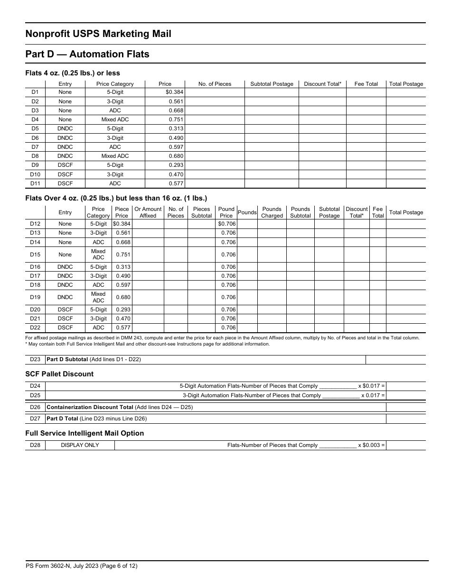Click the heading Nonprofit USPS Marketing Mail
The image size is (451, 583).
[98, 34]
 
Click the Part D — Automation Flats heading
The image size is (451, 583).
[87, 54]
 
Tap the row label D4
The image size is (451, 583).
[35, 119]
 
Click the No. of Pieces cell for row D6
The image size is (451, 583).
[215, 138]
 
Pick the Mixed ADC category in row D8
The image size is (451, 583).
[115, 156]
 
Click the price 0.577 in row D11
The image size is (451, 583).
[176, 183]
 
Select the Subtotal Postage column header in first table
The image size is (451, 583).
[272, 84]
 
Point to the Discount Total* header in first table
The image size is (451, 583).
[322, 84]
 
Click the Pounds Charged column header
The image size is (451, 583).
[272, 212]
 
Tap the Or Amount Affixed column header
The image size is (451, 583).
[148, 212]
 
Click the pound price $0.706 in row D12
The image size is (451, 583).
[226, 224]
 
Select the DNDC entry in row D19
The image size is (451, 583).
[65, 297]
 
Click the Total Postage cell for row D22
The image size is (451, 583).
[405, 328]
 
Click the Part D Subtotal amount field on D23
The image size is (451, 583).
[395, 359]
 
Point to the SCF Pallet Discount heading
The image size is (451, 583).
[59, 374]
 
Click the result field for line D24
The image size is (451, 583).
[405, 386]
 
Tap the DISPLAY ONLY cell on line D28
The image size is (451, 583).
[80, 445]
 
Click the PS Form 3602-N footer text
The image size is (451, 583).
[81, 565]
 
